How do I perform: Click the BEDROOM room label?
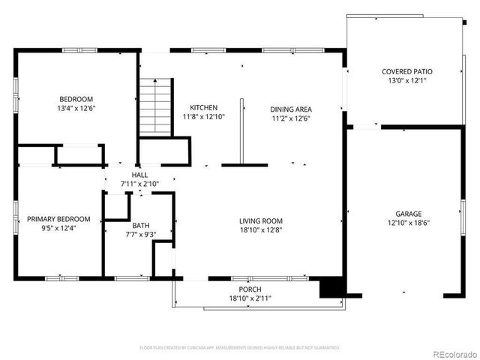pos(76,99)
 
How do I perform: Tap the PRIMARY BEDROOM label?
pos(58,219)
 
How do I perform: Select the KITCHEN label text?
pos(203,108)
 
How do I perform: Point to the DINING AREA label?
pos(291,109)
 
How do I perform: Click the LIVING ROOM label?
pos(261,220)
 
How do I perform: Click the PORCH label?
pos(250,289)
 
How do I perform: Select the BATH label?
pos(141,225)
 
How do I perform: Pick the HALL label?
pos(140,175)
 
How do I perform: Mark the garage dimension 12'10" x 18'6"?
pos(403,223)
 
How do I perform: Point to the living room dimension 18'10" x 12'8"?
pos(261,230)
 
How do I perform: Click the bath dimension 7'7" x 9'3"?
pos(141,235)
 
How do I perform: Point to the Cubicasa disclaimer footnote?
pos(240,348)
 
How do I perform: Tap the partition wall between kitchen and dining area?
pos(241,131)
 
